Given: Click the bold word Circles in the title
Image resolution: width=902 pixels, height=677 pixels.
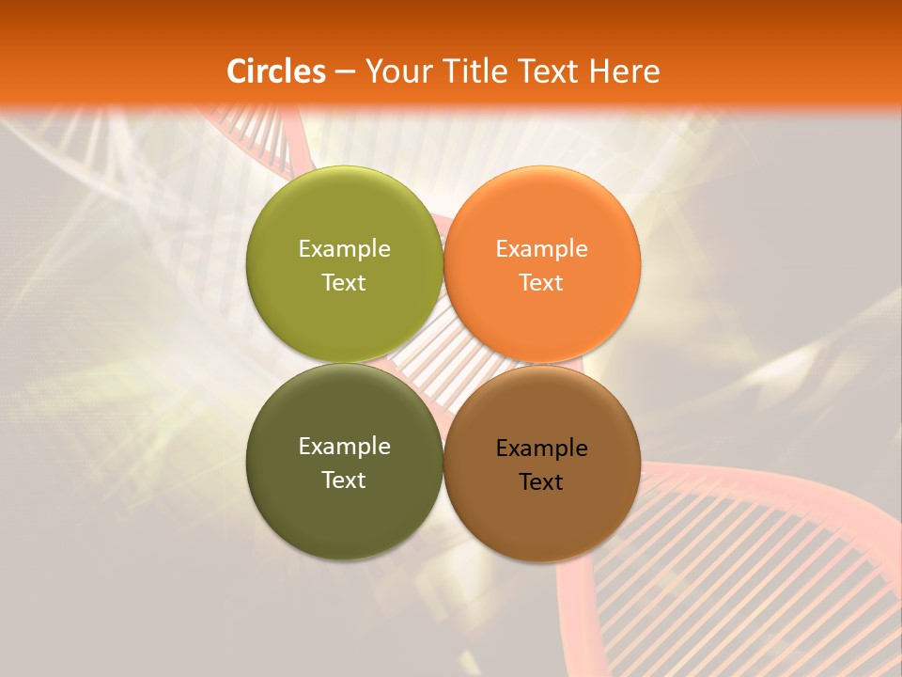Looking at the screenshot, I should (x=276, y=71).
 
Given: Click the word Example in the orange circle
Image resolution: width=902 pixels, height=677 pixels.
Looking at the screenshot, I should (x=541, y=248).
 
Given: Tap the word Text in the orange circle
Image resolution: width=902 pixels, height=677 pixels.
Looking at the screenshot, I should (x=541, y=282).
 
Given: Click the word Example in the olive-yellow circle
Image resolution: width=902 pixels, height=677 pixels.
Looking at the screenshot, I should (x=344, y=248).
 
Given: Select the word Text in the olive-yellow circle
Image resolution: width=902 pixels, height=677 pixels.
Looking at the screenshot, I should (x=344, y=282).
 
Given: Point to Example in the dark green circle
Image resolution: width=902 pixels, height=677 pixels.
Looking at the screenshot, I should (x=344, y=446).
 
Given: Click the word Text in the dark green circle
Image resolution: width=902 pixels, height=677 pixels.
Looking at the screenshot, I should (x=344, y=480).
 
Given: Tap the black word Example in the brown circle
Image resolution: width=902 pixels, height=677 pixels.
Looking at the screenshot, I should (x=541, y=448).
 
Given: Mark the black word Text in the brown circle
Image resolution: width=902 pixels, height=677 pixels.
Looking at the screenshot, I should (x=541, y=481).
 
